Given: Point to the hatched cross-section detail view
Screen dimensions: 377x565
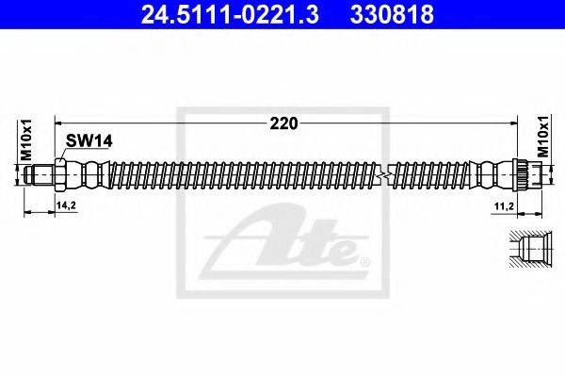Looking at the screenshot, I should [527, 251].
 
